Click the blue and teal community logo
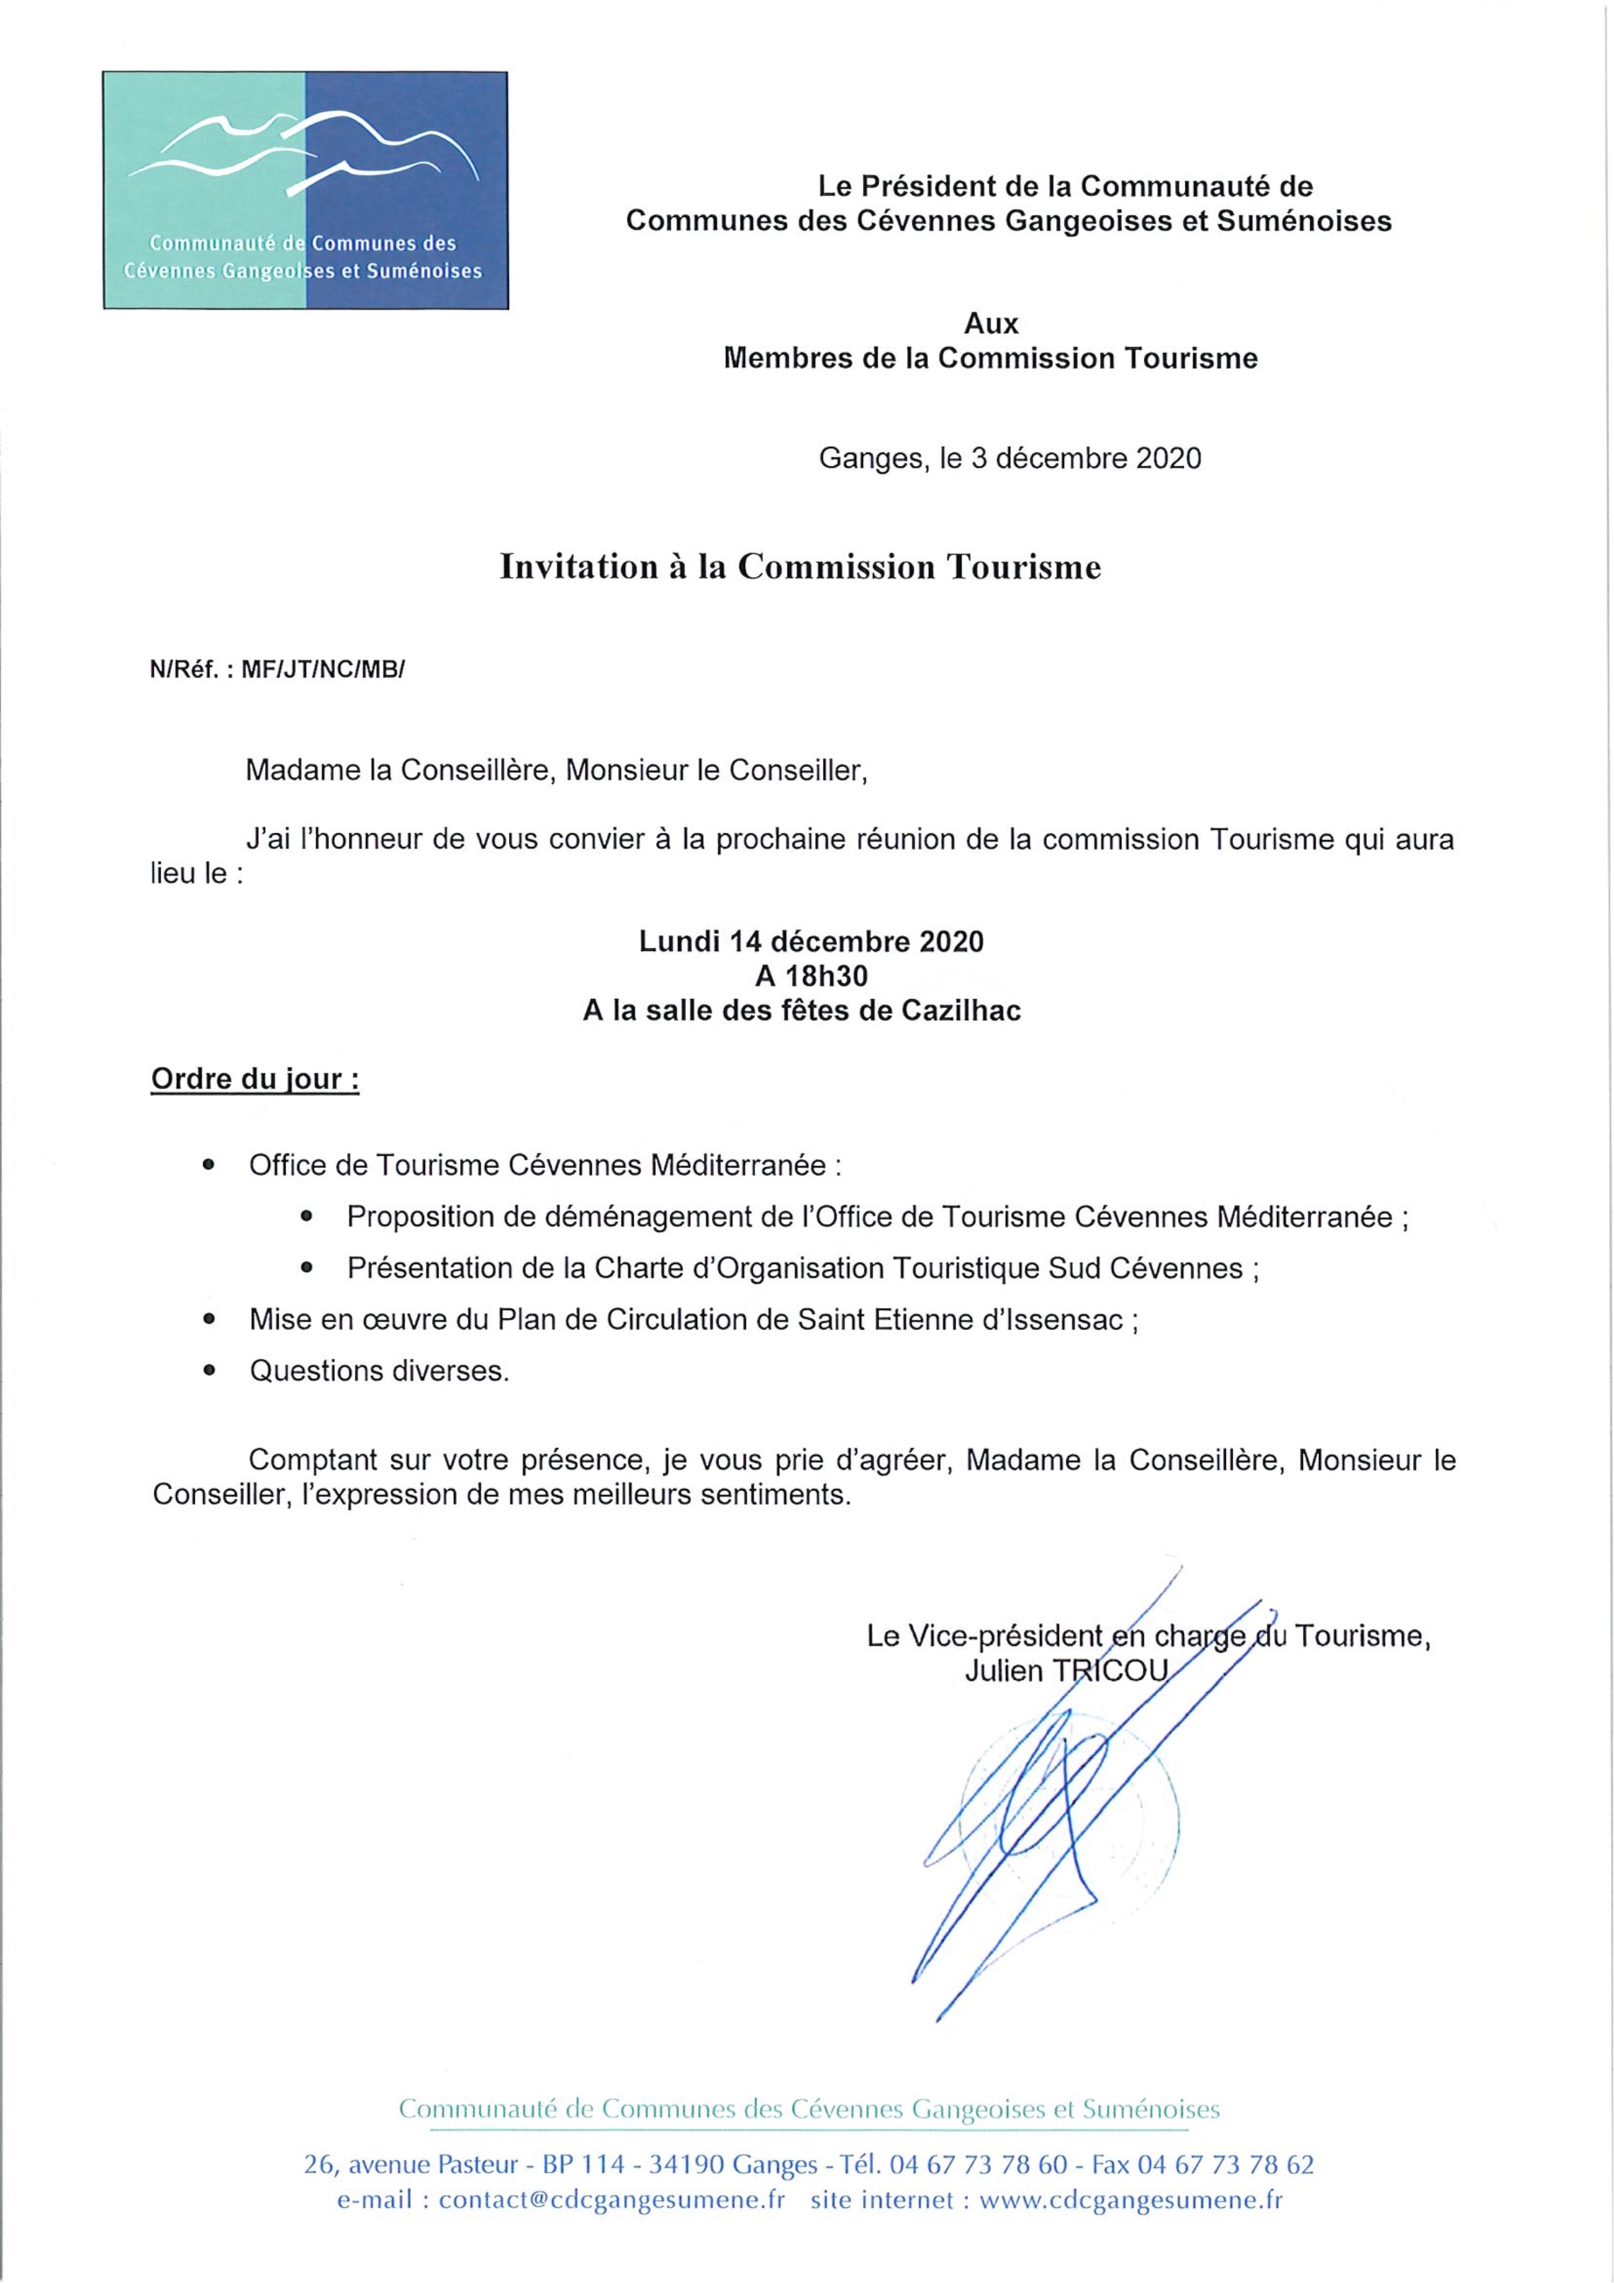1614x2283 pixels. pyautogui.click(x=305, y=190)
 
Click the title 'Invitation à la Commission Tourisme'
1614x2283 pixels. pyautogui.click(x=800, y=567)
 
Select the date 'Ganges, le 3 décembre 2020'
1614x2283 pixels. pyautogui.click(x=1010, y=458)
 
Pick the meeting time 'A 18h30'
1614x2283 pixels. pyautogui.click(x=810, y=976)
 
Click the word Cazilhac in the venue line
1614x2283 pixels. pyautogui.click(x=961, y=1010)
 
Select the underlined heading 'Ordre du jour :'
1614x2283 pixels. pyautogui.click(x=255, y=1079)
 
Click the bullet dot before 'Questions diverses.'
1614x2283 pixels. pyautogui.click(x=208, y=1371)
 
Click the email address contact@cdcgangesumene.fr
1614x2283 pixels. pyautogui.click(x=612, y=2200)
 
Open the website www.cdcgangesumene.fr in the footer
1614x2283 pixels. pyautogui.click(x=1130, y=2200)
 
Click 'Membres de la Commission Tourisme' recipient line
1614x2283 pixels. pyautogui.click(x=990, y=359)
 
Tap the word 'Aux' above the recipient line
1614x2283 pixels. pyautogui.click(x=991, y=324)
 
